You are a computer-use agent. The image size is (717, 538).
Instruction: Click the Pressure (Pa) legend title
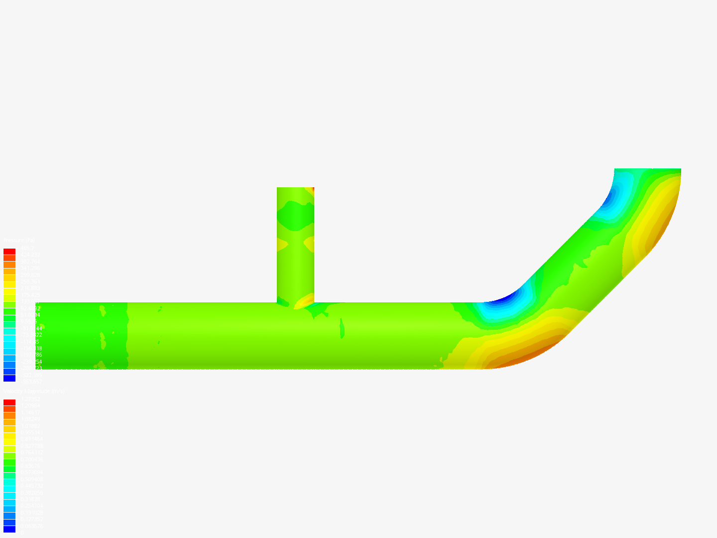point(19,241)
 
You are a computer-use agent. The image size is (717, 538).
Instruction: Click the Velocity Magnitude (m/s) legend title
point(34,392)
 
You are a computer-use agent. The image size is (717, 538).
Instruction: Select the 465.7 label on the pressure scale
point(27,248)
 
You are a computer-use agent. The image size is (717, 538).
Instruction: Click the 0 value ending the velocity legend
point(21,532)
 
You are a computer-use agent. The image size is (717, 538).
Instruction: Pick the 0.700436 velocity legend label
point(31,459)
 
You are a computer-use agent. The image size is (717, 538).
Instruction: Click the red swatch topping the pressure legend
point(9,252)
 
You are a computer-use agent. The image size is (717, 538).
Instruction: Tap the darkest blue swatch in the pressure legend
point(9,378)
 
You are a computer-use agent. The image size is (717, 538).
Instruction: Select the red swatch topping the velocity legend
point(9,403)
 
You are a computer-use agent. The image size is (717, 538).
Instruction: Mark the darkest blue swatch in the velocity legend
point(9,529)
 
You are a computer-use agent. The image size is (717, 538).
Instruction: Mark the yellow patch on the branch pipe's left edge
point(282,244)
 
